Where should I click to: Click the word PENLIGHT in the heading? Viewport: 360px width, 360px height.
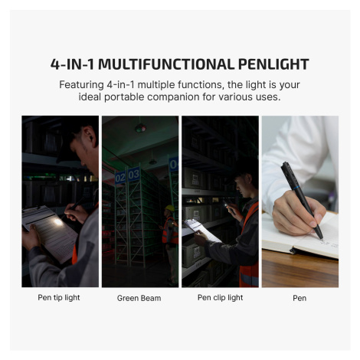pyautogui.click(x=273, y=64)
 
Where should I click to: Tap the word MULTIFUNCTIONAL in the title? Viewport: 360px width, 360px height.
pyautogui.click(x=166, y=64)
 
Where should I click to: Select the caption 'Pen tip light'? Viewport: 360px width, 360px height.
pyautogui.click(x=59, y=298)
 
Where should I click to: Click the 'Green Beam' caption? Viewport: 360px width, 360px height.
pyautogui.click(x=139, y=298)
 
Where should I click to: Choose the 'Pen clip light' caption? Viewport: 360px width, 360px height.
pyautogui.click(x=220, y=298)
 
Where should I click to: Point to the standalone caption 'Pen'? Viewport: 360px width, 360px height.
pyautogui.click(x=299, y=298)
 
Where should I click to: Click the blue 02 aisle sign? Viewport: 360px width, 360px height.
pyautogui.click(x=120, y=178)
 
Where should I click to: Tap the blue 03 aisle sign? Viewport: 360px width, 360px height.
pyautogui.click(x=133, y=175)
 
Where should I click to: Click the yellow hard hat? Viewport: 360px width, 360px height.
pyautogui.click(x=170, y=208)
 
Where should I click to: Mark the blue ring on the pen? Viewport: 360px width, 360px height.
pyautogui.click(x=296, y=188)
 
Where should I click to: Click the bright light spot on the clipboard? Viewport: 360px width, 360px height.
pyautogui.click(x=58, y=222)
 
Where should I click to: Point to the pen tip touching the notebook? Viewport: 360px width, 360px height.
pyautogui.click(x=322, y=239)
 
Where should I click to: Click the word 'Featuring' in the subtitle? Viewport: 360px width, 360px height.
pyautogui.click(x=81, y=85)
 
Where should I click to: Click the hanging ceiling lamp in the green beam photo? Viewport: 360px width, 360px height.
pyautogui.click(x=141, y=128)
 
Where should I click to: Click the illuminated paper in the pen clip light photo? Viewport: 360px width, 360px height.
pyautogui.click(x=201, y=230)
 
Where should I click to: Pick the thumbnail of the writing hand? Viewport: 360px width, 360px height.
pyautogui.click(x=300, y=201)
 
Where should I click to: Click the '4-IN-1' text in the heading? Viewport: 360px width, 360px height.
pyautogui.click(x=72, y=64)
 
